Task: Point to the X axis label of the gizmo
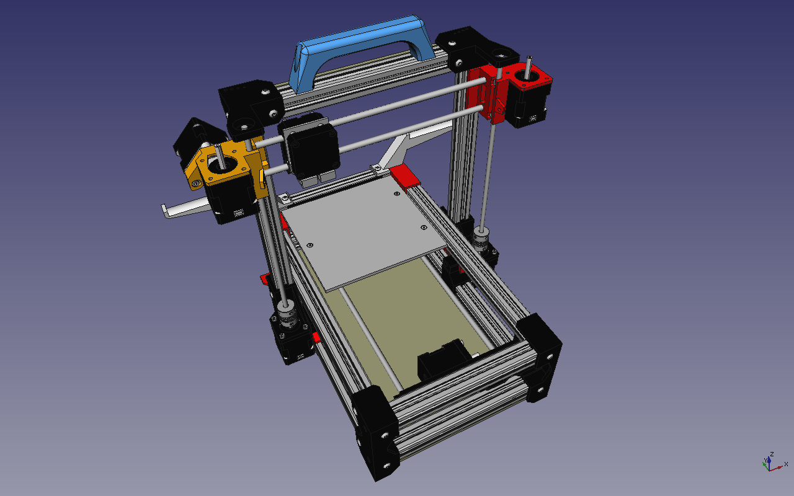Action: pos(786,464)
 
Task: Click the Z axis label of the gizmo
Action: pos(772,454)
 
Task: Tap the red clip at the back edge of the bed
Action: pos(405,175)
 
